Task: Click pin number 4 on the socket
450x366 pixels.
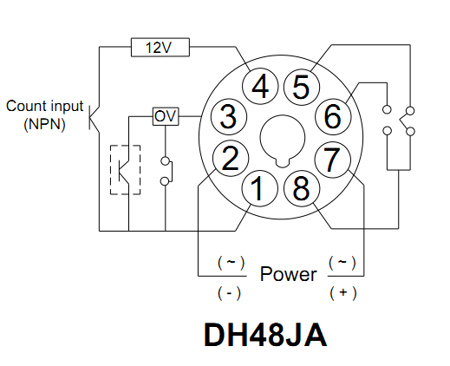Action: (261, 87)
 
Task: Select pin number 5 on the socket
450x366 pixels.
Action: (300, 87)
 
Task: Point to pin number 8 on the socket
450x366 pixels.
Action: (299, 188)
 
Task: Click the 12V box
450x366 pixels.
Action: (160, 47)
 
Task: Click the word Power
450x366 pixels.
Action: (289, 274)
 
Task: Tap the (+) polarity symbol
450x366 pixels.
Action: (343, 292)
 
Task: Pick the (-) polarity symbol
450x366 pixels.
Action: (230, 292)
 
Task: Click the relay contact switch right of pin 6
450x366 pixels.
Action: (398, 121)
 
